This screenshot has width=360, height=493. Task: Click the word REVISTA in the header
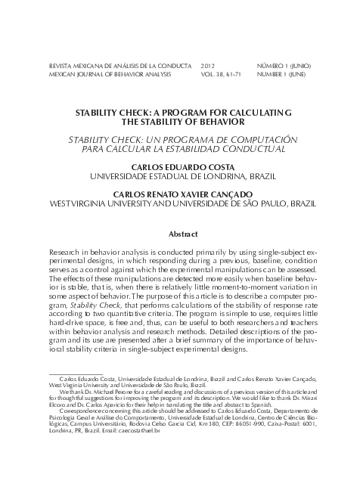tap(62, 67)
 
